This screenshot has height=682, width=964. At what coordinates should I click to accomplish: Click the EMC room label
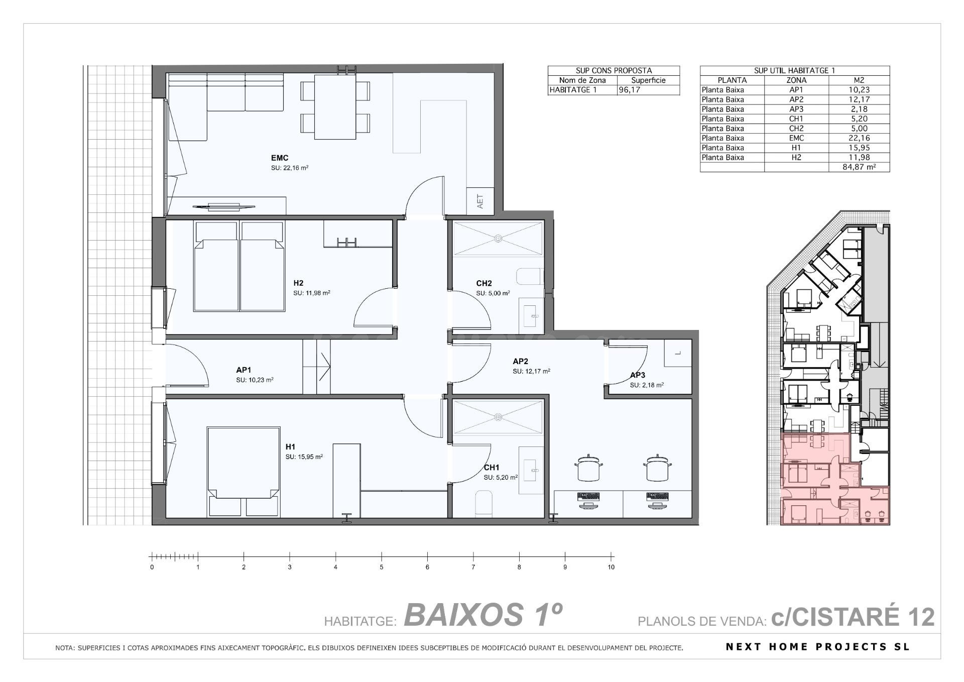(280, 158)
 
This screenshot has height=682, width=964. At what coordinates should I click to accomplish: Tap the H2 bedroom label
(298, 283)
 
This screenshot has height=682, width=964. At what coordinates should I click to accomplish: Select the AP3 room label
(638, 375)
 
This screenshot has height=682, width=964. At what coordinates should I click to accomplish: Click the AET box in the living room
(480, 201)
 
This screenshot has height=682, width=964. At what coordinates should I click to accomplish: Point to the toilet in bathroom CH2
(530, 277)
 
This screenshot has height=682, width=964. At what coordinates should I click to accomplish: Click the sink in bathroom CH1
(531, 470)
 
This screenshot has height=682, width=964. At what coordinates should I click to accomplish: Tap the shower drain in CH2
(499, 238)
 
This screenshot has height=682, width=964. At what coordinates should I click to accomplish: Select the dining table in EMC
(335, 106)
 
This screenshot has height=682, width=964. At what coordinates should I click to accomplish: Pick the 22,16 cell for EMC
(859, 138)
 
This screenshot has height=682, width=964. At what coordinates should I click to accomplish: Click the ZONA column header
(796, 80)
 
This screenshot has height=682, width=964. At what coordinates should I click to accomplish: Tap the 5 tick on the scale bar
(382, 556)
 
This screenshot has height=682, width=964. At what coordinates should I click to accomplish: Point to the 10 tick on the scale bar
(611, 556)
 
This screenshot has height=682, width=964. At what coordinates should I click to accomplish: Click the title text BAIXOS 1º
(483, 615)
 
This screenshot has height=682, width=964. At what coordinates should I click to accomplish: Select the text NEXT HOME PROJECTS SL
(818, 647)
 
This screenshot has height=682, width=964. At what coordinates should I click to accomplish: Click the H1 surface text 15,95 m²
(304, 457)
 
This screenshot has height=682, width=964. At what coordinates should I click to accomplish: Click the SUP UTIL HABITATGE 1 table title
(794, 71)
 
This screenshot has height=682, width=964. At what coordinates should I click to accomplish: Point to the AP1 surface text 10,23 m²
(255, 380)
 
